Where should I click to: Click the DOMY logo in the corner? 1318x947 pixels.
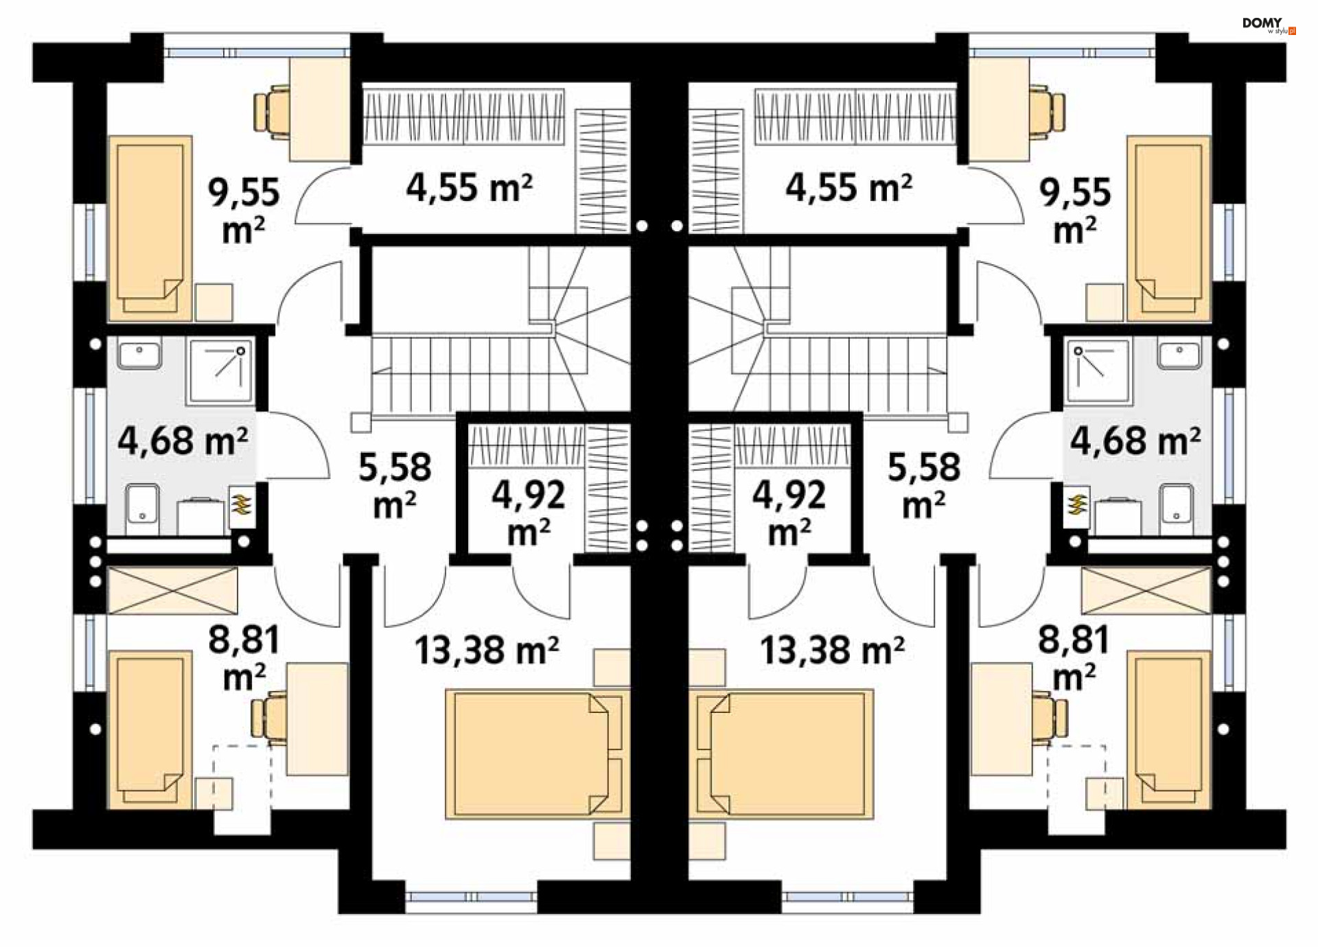click(x=1269, y=26)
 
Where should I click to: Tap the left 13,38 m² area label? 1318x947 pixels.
click(x=487, y=650)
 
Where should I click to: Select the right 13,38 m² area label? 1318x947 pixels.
click(x=832, y=650)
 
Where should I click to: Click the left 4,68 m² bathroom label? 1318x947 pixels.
click(x=183, y=440)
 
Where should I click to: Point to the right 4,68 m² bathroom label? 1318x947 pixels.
click(x=1135, y=440)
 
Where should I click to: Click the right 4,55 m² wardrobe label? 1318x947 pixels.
click(x=849, y=187)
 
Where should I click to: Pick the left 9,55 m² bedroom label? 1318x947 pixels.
click(x=244, y=210)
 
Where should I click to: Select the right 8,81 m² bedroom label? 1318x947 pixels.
click(x=1074, y=657)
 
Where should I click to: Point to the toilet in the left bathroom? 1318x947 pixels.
click(x=143, y=508)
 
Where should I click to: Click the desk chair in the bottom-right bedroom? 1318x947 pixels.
click(x=1049, y=717)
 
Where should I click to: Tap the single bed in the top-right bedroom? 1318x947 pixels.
click(x=1168, y=228)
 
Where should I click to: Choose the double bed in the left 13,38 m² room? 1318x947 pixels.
click(x=537, y=754)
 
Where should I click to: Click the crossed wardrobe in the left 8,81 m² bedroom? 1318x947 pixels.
click(x=173, y=590)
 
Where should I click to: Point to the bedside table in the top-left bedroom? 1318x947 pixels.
click(x=213, y=303)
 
